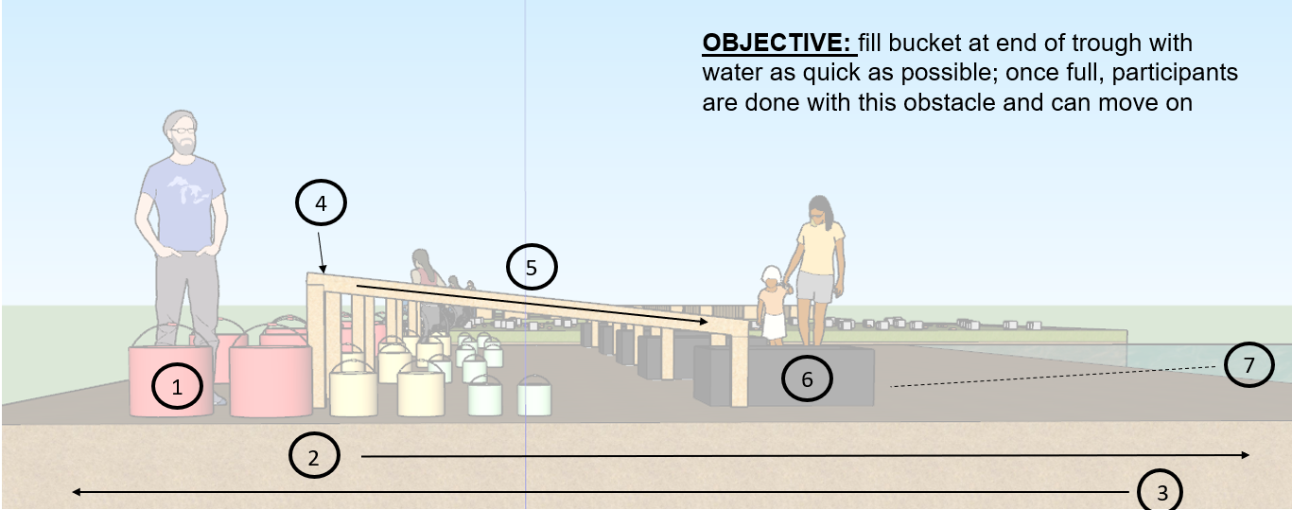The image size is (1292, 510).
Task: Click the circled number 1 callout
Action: (175, 386)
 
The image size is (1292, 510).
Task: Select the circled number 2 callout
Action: (314, 457)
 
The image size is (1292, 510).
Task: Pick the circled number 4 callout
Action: (321, 202)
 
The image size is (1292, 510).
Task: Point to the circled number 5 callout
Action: (532, 268)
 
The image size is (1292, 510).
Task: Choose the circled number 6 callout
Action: (807, 379)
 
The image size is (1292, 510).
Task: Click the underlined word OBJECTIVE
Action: (777, 44)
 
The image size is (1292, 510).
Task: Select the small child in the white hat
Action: (772, 304)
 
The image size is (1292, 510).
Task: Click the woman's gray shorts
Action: (814, 286)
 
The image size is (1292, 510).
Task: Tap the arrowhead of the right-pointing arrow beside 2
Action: (1245, 455)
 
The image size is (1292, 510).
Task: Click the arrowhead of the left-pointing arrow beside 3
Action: (78, 492)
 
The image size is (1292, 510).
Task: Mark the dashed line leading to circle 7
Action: (1050, 376)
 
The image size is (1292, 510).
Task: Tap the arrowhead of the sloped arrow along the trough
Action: (703, 323)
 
